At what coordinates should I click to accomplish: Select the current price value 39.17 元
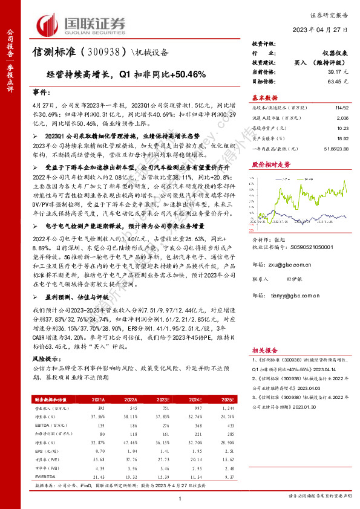(336, 71)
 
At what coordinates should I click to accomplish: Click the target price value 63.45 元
(336, 80)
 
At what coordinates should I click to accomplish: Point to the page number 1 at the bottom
(180, 498)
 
